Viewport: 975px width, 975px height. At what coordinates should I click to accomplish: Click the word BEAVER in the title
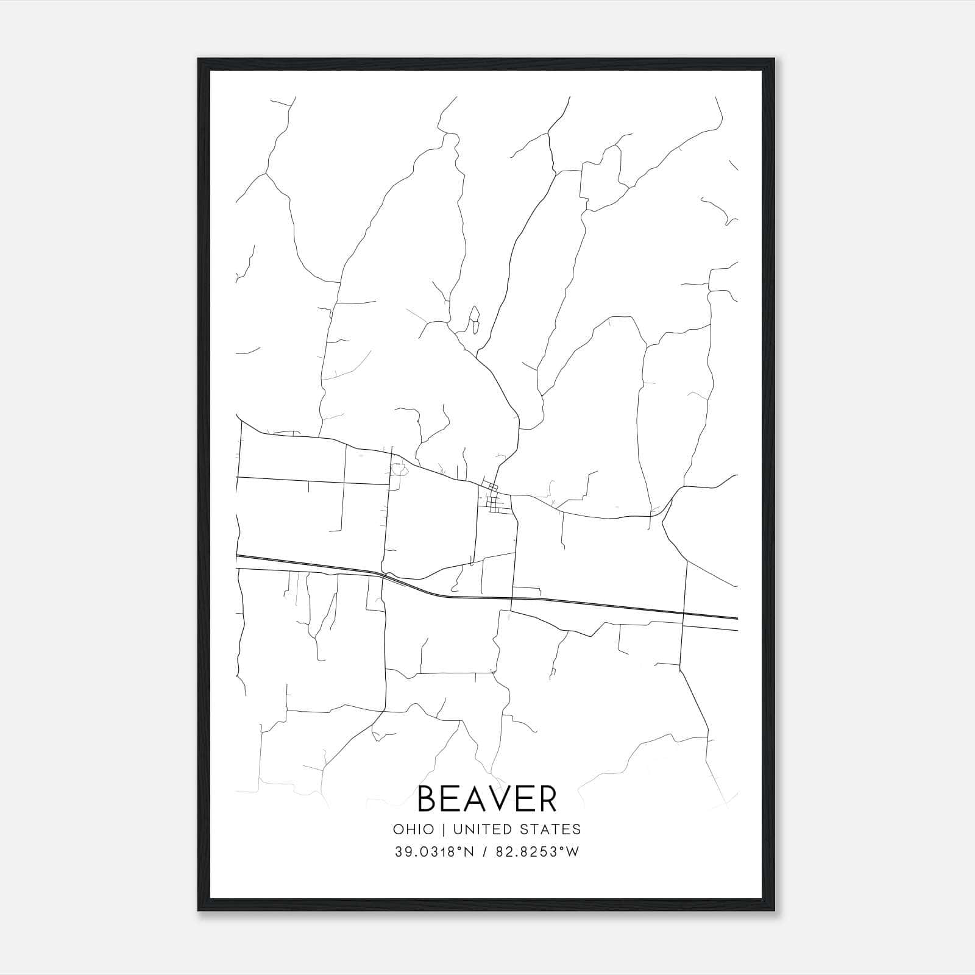[487, 799]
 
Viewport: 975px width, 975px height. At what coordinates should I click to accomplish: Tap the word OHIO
[414, 829]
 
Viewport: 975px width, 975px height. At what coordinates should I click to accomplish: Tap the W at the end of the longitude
[572, 852]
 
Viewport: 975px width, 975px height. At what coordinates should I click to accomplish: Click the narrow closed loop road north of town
[473, 321]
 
